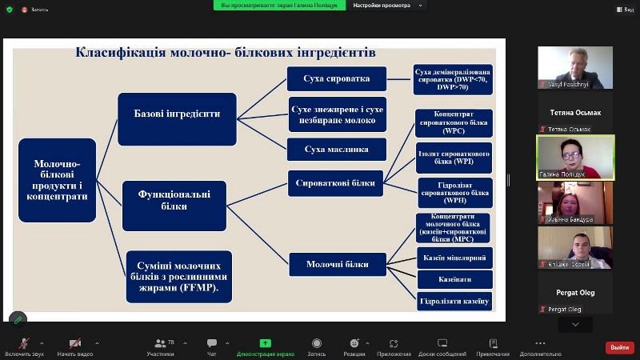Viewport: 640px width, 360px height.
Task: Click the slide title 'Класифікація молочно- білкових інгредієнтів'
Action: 226,53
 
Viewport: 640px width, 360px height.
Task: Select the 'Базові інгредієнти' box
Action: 177,113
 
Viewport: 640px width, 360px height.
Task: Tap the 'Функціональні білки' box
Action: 174,200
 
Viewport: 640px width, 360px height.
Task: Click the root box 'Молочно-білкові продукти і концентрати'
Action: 57,179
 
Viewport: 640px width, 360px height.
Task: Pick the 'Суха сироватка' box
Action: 337,79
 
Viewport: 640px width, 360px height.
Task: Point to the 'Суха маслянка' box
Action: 337,149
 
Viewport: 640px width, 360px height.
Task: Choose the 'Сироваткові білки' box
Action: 337,182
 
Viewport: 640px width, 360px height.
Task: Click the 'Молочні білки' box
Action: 337,262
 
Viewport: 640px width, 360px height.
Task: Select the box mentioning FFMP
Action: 179,276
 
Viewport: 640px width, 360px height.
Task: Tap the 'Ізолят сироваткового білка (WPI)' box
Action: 454,156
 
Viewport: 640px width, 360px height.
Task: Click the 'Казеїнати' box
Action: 454,279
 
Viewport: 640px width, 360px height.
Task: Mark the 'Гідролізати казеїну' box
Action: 454,301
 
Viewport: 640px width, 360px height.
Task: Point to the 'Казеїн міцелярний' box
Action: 454,258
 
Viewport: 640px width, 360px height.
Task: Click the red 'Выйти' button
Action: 619,347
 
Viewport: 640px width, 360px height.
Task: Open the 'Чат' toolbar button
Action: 212,346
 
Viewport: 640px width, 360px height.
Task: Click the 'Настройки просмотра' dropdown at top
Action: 384,5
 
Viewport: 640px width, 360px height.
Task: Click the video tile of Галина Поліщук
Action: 575,157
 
